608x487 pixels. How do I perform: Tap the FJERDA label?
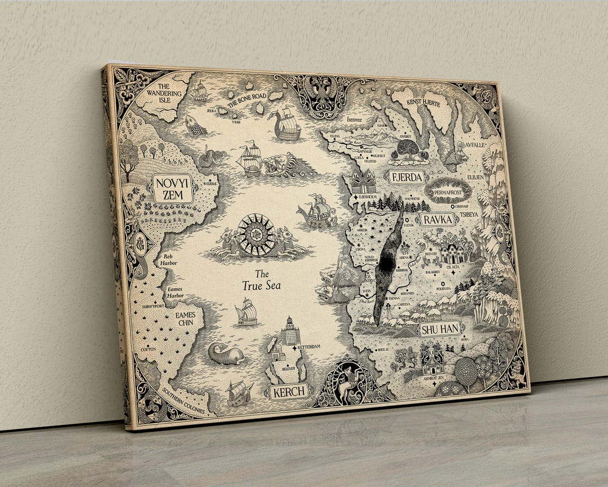tap(406, 177)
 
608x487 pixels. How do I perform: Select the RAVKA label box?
tap(438, 219)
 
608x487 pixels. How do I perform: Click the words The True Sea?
tap(261, 280)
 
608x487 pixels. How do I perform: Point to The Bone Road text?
tap(247, 100)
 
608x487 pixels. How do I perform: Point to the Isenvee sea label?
tap(355, 119)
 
